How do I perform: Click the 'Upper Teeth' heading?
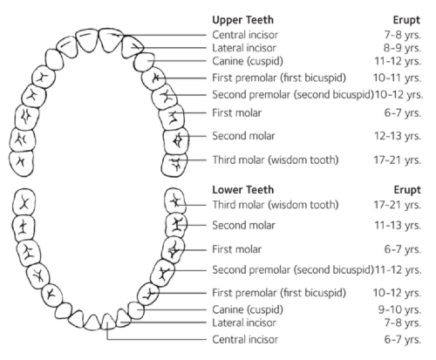click(x=242, y=20)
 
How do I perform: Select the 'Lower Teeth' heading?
click(x=243, y=190)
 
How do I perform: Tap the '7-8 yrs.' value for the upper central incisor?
click(x=403, y=35)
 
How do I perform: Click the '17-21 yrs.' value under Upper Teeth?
click(x=398, y=160)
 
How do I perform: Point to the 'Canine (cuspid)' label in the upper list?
click(x=248, y=61)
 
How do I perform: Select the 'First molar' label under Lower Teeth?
click(x=236, y=249)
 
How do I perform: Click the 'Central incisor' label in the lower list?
click(x=245, y=339)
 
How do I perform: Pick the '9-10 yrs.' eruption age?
click(x=399, y=309)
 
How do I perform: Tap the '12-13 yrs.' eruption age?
click(x=398, y=136)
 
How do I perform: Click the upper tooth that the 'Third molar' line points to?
click(x=174, y=165)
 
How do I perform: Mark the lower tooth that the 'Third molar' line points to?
click(x=174, y=200)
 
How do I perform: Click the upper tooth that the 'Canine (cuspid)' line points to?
click(x=144, y=62)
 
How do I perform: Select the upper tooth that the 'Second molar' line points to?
click(x=176, y=141)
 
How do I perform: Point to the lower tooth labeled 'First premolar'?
click(x=148, y=293)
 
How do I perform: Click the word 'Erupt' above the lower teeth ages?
click(x=407, y=190)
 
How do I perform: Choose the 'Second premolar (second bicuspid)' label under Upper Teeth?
click(x=293, y=95)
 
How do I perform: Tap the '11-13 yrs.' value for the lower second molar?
click(x=398, y=225)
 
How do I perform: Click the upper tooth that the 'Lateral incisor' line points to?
click(x=133, y=46)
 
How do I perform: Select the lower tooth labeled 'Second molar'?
click(x=176, y=226)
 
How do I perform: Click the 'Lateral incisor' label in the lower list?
click(x=244, y=323)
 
